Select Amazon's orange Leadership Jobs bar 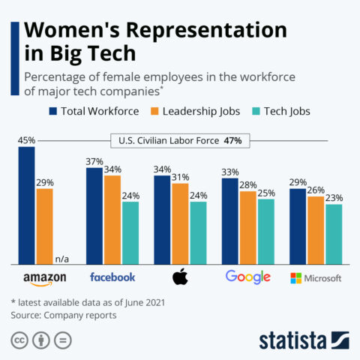tap(45, 226)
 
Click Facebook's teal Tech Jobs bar tap(130, 232)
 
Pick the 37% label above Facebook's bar tap(94, 161)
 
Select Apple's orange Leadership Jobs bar tap(180, 223)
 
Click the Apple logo tap(180, 277)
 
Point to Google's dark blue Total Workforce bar tap(230, 220)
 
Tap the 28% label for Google tap(248, 184)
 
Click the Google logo tap(247, 277)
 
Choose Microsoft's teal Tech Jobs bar tap(334, 234)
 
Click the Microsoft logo tap(316, 277)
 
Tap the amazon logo tap(45, 278)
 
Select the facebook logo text tap(112, 277)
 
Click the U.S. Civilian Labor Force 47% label tap(181, 139)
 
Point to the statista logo tap(302, 339)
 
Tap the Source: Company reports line tap(64, 316)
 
